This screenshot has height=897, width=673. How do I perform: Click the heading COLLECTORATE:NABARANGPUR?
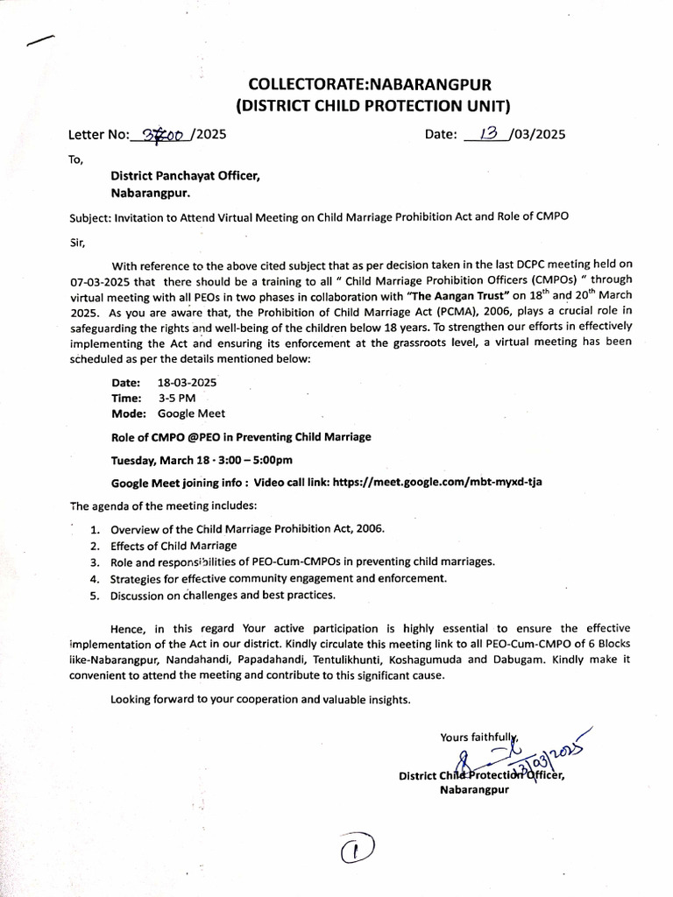tap(371, 85)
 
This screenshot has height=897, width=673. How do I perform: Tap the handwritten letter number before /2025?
tap(164, 134)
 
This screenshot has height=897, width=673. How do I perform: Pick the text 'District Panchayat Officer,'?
tap(185, 176)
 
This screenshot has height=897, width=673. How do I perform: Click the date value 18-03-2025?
tap(188, 383)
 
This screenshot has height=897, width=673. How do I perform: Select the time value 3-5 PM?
tap(177, 398)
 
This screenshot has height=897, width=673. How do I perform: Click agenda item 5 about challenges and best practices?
tap(223, 595)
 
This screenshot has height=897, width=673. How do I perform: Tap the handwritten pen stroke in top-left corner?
tap(40, 40)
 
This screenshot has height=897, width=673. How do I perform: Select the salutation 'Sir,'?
tap(78, 240)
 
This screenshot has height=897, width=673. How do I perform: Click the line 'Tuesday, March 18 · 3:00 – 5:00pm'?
tap(202, 460)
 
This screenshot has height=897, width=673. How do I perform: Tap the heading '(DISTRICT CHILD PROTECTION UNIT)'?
tap(373, 106)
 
